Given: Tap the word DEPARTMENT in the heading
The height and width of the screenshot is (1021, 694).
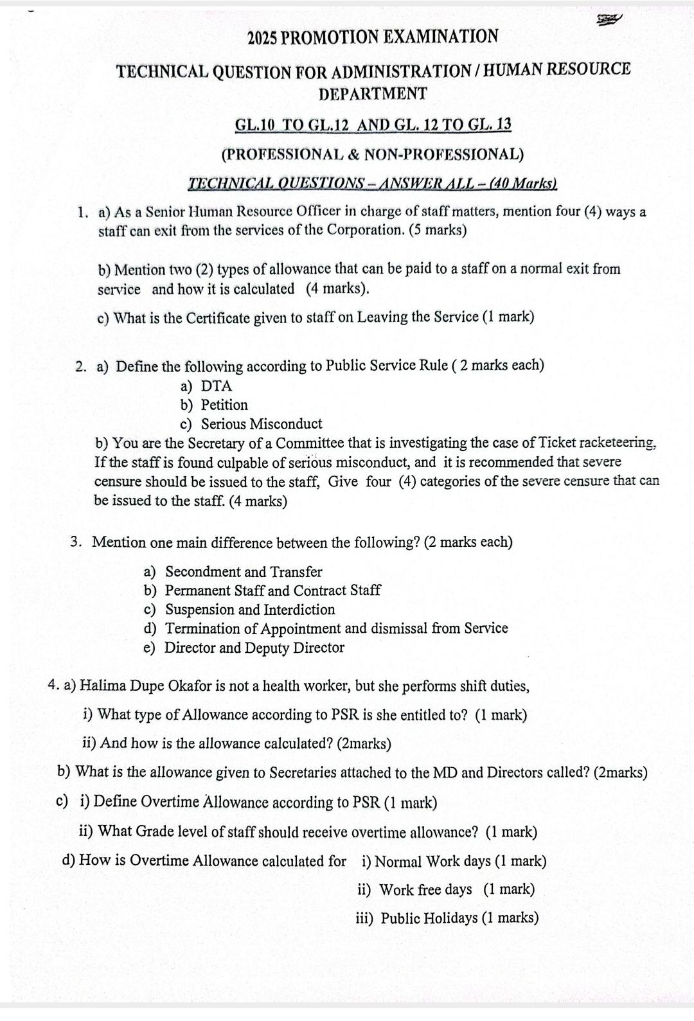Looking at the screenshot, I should pos(373,94).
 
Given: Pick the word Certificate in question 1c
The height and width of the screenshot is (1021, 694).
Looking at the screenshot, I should pos(222,317).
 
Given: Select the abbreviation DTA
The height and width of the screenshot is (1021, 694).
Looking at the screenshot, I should pos(217,386).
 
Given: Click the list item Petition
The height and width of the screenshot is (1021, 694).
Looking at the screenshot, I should pos(224,405).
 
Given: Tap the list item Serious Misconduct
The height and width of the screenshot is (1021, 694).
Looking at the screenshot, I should pos(262,424).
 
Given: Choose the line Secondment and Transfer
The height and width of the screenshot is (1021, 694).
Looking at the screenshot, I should pos(244,572).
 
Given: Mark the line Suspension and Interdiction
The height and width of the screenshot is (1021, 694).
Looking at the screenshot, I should pos(250,609).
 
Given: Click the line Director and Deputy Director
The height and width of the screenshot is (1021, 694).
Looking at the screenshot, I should pos(254,648).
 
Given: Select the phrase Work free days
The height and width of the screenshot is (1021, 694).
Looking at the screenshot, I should pos(425,890).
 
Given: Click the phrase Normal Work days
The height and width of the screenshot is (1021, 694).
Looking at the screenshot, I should pos(432,861).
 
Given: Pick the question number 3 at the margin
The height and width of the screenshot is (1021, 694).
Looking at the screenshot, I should pos(76,542).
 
